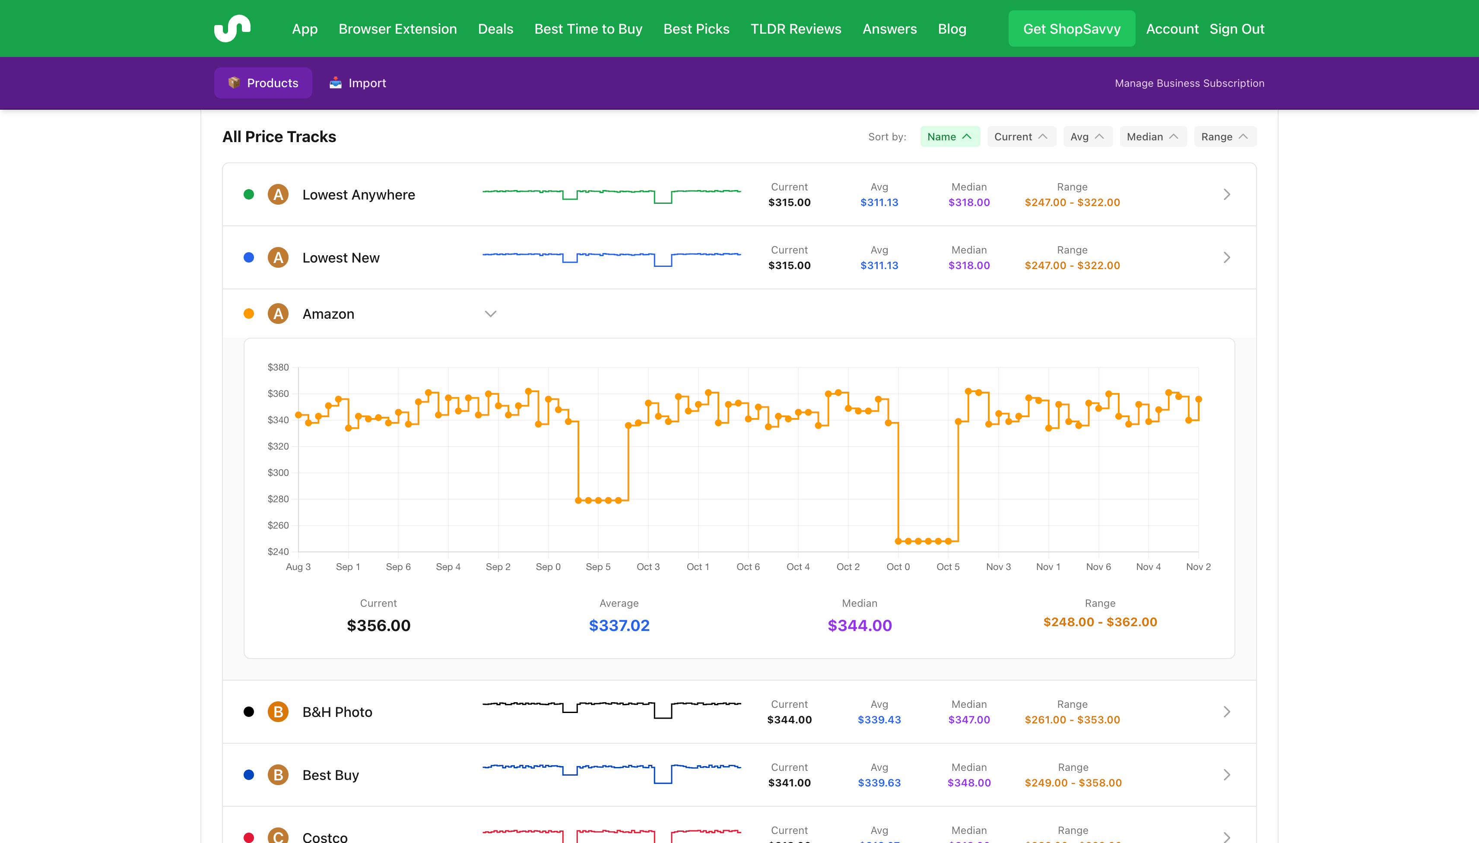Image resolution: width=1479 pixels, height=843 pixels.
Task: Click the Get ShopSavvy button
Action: click(1071, 29)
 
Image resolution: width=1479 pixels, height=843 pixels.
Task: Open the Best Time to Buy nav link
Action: click(588, 29)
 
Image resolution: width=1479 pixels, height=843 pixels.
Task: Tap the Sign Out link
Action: click(1236, 29)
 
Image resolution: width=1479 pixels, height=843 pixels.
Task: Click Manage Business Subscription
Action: click(1189, 83)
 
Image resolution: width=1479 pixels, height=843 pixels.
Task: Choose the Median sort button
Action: click(1152, 136)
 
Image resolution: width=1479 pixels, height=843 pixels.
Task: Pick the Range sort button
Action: click(1224, 136)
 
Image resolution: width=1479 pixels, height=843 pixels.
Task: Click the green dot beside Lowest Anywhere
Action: click(248, 194)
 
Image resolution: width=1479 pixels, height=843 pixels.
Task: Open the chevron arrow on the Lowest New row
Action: click(1226, 258)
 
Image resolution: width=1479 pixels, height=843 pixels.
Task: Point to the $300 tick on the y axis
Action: click(278, 472)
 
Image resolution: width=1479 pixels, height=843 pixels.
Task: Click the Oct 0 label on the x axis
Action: click(898, 567)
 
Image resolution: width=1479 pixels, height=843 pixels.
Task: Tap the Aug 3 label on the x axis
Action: click(298, 567)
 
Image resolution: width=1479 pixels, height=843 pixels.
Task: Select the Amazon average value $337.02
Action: click(619, 625)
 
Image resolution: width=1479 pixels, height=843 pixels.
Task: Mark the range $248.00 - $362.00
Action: click(1100, 622)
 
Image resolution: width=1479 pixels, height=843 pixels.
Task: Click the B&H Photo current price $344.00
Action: click(789, 719)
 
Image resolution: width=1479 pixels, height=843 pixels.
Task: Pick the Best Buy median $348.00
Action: click(969, 783)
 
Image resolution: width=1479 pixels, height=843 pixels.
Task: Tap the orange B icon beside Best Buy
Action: click(278, 775)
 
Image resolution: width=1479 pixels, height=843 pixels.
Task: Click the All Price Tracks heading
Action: click(279, 136)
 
